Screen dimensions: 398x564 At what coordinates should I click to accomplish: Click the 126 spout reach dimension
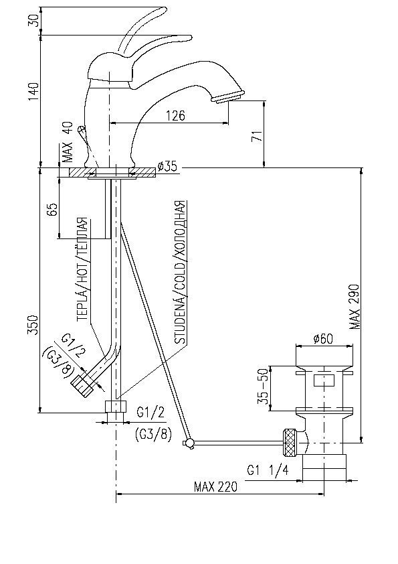pyautogui.click(x=175, y=116)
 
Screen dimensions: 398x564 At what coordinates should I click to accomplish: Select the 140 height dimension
pyautogui.click(x=33, y=94)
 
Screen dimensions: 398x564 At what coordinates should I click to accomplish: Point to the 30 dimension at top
pyautogui.click(x=33, y=21)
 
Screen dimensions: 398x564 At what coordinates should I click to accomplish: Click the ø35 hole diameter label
pyautogui.click(x=167, y=167)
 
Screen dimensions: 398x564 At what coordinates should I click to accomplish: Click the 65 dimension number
pyautogui.click(x=52, y=209)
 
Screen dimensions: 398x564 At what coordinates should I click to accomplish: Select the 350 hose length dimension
pyautogui.click(x=33, y=326)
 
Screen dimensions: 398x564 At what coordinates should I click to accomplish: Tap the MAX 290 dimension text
pyautogui.click(x=355, y=307)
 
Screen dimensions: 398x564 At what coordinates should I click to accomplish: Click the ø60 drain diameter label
pyautogui.click(x=323, y=338)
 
